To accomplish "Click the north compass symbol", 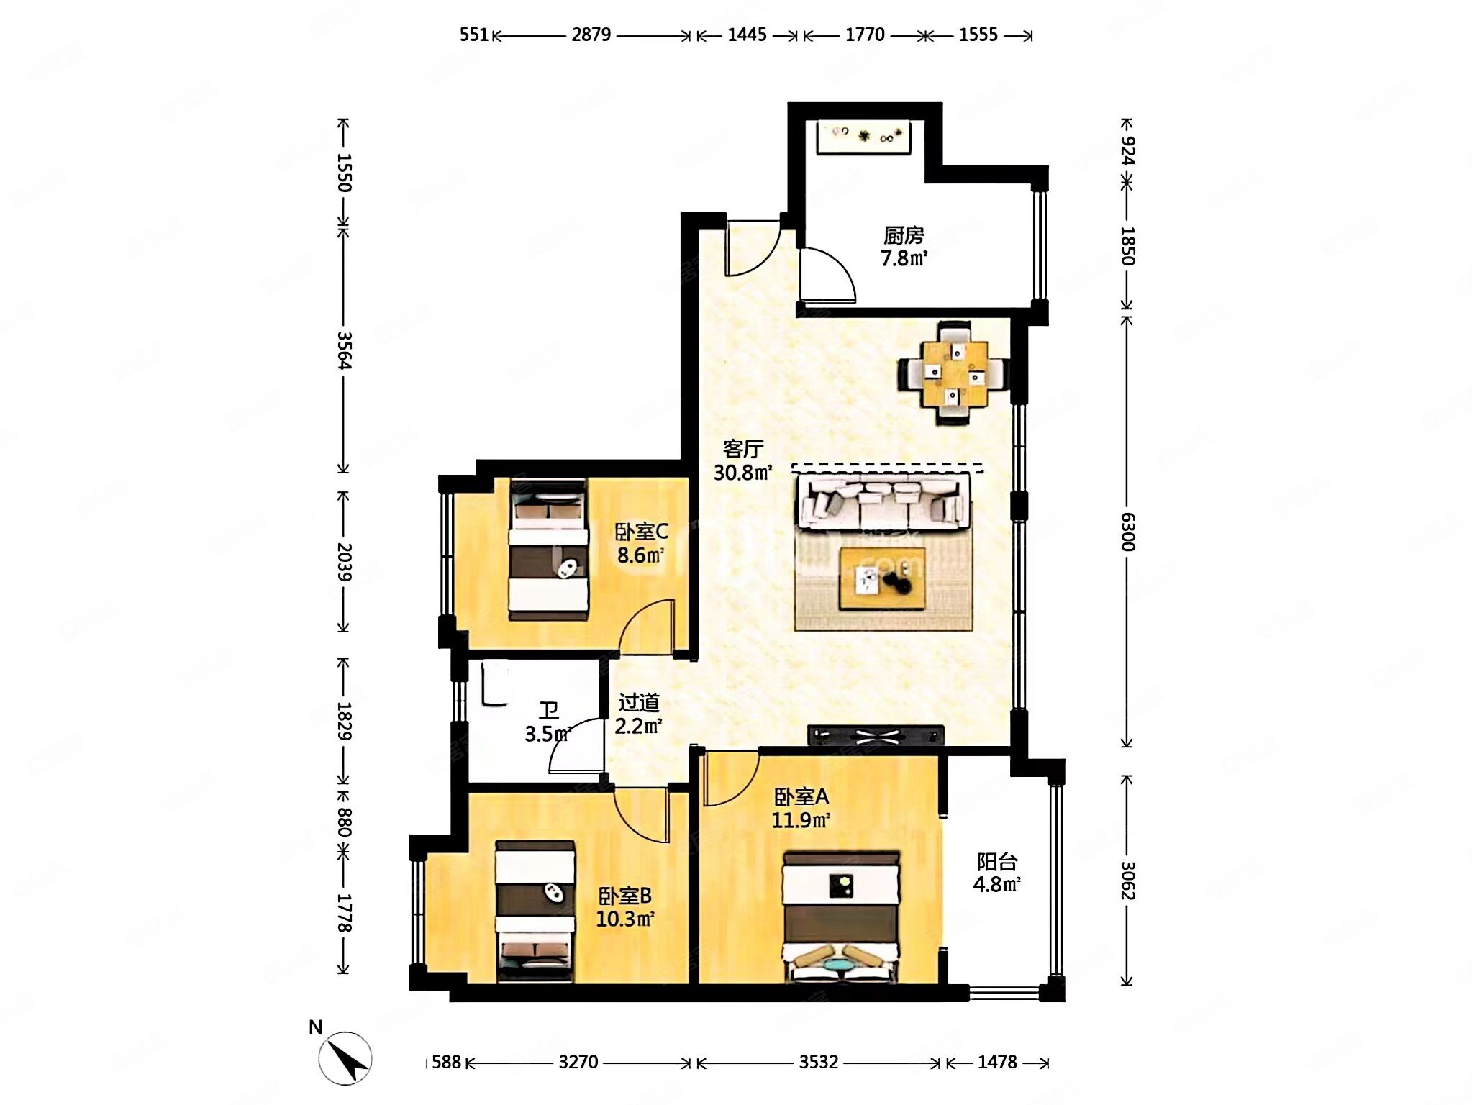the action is (345, 1058).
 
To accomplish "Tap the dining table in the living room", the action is (953, 373).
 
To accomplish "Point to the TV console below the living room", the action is (876, 735).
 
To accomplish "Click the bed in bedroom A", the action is (841, 917).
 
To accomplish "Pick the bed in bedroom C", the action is (548, 550).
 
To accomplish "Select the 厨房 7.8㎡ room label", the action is (904, 247).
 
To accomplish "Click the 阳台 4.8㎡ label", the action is (997, 873).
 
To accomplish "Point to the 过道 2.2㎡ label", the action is (638, 714).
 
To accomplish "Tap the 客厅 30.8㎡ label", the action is (743, 460).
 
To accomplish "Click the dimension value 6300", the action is (1127, 532).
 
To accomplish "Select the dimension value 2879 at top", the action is (591, 35).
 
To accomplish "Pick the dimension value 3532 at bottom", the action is (819, 1062).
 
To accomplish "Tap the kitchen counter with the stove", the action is (863, 137).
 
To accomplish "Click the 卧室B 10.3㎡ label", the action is (625, 907).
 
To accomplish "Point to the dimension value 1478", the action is (997, 1062).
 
